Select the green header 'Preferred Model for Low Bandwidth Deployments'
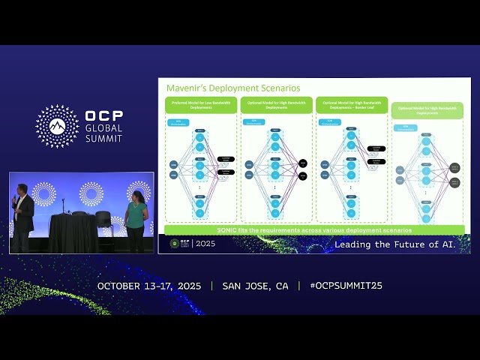[200, 105]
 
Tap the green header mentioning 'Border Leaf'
[352, 105]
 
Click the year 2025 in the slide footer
[205, 244]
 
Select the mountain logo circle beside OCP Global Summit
[57, 126]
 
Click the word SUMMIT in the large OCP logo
[103, 139]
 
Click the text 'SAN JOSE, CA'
[255, 286]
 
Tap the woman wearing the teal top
[136, 217]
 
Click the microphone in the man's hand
[14, 199]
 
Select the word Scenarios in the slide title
[273, 88]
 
